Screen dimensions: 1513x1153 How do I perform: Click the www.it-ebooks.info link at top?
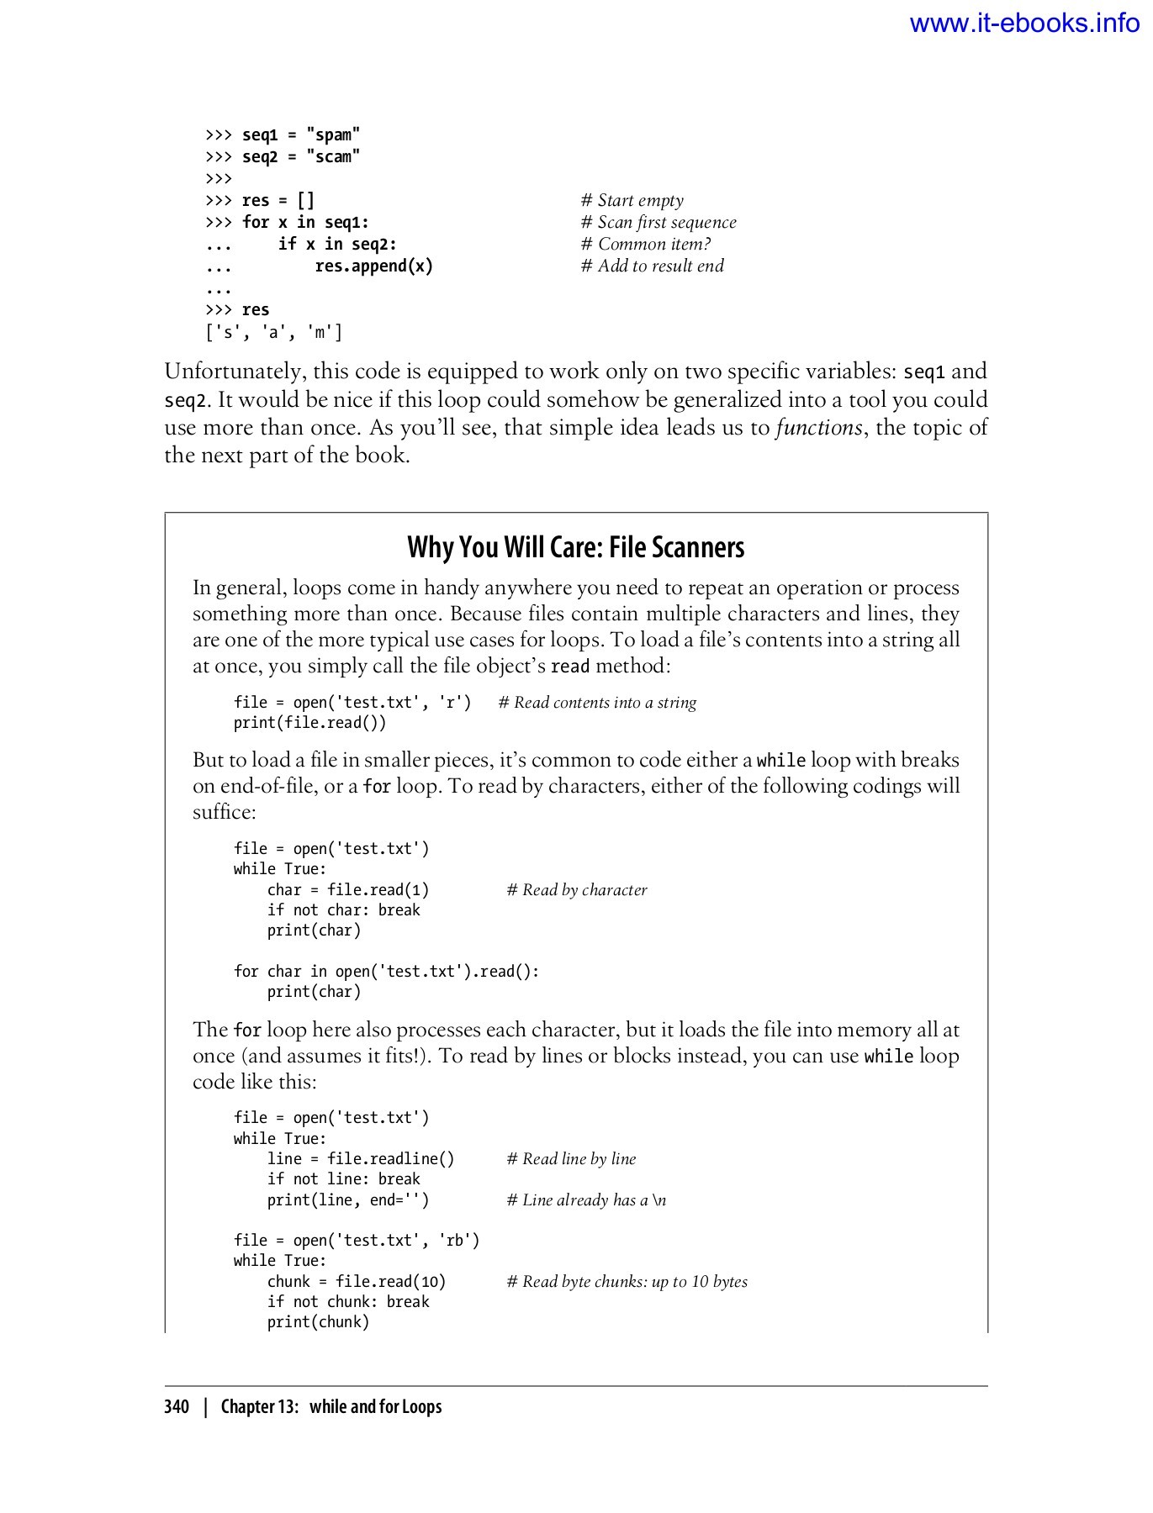click(1024, 24)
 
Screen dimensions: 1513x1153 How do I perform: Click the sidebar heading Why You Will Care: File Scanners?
click(576, 547)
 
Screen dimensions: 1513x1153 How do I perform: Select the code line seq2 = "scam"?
click(300, 156)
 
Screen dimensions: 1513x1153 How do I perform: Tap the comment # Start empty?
click(632, 200)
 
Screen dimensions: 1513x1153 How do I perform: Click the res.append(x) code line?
click(373, 266)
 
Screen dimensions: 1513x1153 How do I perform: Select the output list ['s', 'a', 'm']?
click(274, 332)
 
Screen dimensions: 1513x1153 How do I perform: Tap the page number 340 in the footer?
click(177, 1406)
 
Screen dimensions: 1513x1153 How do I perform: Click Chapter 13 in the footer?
click(260, 1406)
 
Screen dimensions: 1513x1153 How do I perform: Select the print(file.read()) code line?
click(309, 723)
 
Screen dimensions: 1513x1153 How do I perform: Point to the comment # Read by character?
click(577, 889)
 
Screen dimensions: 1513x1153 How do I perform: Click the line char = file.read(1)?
click(348, 889)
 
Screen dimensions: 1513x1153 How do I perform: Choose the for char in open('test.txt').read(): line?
click(386, 971)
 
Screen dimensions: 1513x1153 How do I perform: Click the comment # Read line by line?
click(571, 1158)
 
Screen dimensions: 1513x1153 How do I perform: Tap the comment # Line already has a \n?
click(586, 1199)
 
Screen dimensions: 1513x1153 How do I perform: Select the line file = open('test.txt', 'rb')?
click(357, 1240)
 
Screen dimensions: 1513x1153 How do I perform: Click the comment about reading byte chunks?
click(627, 1281)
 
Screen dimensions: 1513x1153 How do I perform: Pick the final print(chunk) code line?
click(318, 1321)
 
